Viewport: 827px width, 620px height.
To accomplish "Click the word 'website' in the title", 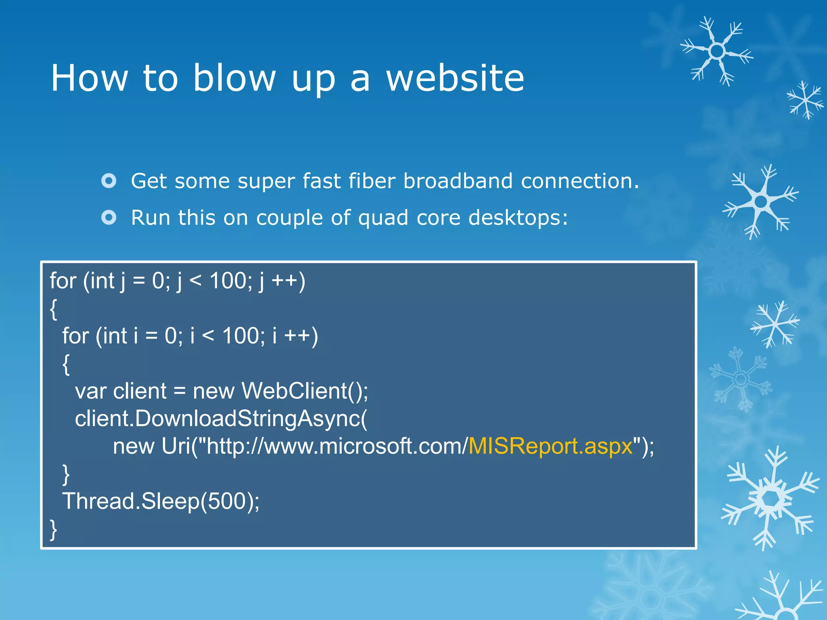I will (455, 78).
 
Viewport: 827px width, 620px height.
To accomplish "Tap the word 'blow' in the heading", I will (235, 78).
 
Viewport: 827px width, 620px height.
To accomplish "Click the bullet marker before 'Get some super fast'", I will (109, 181).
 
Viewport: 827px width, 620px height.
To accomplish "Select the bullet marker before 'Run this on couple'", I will (109, 218).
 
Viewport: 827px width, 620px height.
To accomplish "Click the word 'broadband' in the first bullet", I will (458, 181).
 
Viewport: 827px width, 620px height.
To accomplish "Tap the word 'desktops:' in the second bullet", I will (518, 218).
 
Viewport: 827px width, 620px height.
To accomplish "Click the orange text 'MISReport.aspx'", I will (550, 446).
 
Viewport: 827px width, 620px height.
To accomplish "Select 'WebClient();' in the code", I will (305, 391).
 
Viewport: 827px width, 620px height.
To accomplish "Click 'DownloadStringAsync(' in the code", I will (250, 419).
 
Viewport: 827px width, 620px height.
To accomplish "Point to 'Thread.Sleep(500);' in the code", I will (161, 501).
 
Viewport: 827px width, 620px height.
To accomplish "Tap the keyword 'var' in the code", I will (90, 392).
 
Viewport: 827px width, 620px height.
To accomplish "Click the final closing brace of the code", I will (53, 530).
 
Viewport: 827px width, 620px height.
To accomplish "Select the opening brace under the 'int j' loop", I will (53, 309).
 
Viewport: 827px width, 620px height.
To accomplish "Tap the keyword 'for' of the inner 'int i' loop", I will (76, 336).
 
